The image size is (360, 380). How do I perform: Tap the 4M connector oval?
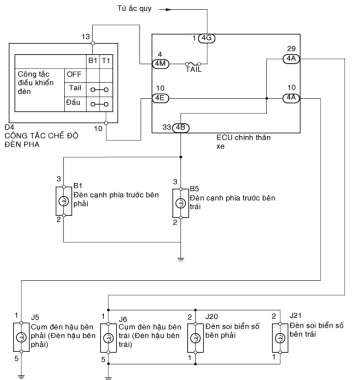159,62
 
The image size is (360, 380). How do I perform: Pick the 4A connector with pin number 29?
290,58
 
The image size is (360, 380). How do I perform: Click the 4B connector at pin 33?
180,127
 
